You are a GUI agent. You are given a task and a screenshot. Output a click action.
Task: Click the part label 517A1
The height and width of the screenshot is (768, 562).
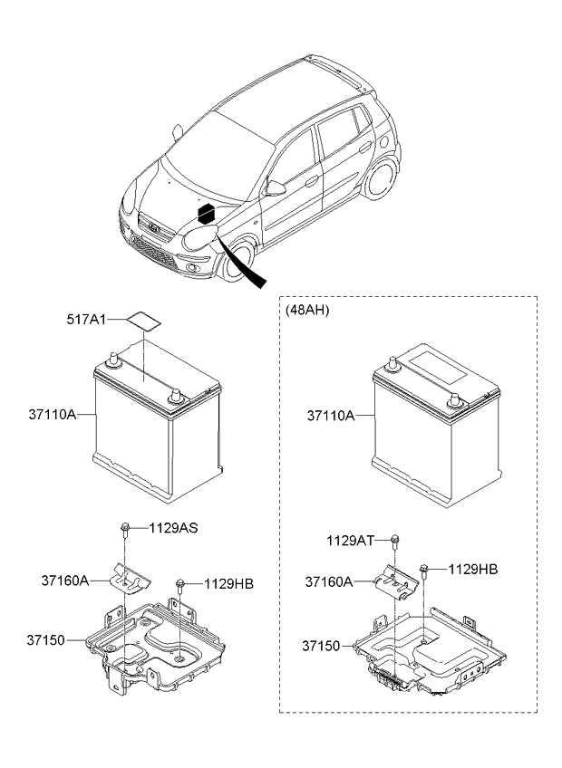coord(86,320)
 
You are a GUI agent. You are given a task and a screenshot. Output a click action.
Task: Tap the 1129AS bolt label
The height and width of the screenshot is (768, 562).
coord(174,528)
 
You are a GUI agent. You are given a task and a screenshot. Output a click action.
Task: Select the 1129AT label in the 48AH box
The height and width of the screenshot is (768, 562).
coord(350,541)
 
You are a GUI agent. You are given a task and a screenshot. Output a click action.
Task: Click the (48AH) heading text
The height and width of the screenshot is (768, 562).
coord(307,310)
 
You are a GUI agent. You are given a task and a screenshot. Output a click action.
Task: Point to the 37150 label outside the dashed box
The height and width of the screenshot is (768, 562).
coord(45,640)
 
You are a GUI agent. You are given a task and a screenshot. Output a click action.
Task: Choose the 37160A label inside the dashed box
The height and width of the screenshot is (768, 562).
coord(328,581)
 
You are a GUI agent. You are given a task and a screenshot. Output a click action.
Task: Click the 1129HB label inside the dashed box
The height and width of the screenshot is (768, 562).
coord(473,569)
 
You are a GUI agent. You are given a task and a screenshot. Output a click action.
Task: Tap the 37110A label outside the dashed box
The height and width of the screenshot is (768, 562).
coord(53,415)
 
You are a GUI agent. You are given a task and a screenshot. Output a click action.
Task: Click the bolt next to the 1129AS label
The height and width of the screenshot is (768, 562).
coord(124,530)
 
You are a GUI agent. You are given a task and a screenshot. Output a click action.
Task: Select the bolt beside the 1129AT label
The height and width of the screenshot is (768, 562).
coord(395,542)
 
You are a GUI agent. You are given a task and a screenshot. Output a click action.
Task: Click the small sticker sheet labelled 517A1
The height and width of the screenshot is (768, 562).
coord(144,321)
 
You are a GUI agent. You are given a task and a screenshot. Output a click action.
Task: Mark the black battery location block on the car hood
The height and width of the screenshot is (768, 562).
coord(206,214)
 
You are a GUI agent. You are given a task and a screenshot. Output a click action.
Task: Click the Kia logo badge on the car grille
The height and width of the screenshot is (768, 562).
coord(154,228)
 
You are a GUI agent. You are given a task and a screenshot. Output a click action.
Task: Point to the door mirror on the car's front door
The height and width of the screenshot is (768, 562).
coord(276,187)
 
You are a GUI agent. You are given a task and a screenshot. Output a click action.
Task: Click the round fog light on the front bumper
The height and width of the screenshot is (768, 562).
coord(191,267)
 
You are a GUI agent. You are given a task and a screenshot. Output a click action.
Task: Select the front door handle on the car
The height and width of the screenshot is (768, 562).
coord(312,181)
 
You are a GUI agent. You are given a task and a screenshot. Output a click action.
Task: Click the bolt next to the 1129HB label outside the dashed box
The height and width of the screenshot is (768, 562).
coord(180,584)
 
